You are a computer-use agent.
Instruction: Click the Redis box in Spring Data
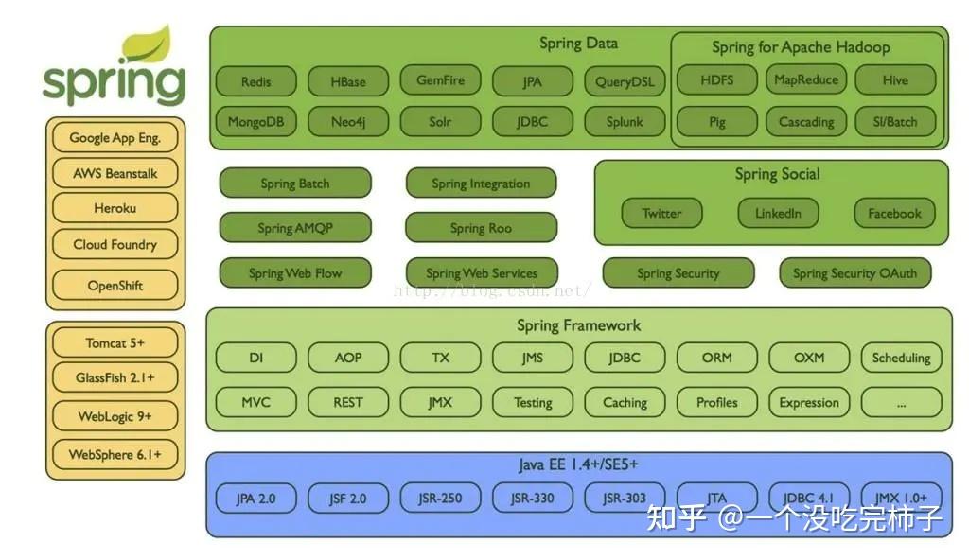[x=255, y=82]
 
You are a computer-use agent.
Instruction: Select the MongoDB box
[x=255, y=122]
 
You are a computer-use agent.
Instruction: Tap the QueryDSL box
[x=625, y=82]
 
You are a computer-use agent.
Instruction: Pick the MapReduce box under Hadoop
[x=806, y=80]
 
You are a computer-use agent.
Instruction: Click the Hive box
[x=895, y=80]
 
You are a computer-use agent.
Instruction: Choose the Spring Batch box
[x=295, y=184]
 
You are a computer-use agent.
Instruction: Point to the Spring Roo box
[x=481, y=228]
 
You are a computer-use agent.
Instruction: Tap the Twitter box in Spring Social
[x=661, y=214]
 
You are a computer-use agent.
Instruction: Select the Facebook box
[x=894, y=214]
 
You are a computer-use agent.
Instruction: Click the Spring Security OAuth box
[x=854, y=273]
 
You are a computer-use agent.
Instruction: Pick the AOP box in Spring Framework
[x=348, y=359]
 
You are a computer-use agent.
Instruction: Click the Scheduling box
[x=901, y=359]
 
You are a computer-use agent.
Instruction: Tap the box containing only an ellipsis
[x=901, y=403]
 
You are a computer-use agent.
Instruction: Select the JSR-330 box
[x=532, y=498]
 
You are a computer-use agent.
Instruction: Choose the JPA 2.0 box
[x=255, y=498]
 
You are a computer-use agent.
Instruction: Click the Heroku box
[x=115, y=208]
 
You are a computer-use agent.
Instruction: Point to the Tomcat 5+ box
[x=115, y=342]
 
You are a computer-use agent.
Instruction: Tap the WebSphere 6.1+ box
[x=115, y=455]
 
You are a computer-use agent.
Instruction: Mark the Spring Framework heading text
[x=578, y=325]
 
